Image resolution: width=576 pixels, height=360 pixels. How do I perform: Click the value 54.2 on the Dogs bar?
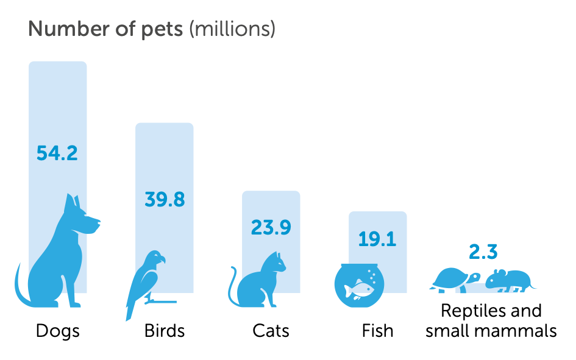point(57,152)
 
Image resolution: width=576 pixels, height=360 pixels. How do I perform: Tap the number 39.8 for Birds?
point(165,199)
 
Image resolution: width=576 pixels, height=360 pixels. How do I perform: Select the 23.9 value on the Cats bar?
point(271,227)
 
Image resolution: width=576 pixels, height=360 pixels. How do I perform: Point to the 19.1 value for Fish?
point(377,239)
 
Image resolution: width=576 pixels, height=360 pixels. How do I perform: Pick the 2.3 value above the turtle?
point(483,252)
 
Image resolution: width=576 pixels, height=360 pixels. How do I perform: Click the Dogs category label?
point(58,331)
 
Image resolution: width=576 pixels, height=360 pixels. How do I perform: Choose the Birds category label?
point(165,331)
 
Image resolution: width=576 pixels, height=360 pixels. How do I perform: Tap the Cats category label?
point(271,331)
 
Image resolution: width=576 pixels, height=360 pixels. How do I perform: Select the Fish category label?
point(377,331)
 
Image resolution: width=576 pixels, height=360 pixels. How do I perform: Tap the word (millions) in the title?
point(232,29)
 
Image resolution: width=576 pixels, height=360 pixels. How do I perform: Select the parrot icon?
point(146,280)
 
